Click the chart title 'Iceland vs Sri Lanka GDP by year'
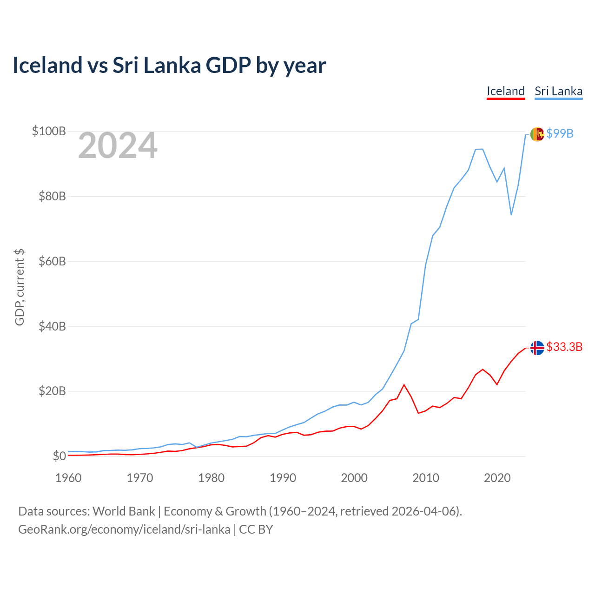coord(169,65)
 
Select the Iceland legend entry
coord(506,91)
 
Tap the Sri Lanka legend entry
coord(558,91)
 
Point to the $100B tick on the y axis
coord(49,131)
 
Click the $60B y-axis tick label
coord(52,261)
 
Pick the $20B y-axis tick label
coord(52,391)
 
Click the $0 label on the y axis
coord(59,456)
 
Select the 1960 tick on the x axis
coord(68,478)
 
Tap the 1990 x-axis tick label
coord(283,478)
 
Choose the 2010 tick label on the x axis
coord(426,478)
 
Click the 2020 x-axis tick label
coord(497,478)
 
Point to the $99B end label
coord(560,133)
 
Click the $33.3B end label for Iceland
coord(564,347)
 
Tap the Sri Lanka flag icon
coord(537,134)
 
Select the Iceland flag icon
coord(537,348)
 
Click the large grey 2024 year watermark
coord(118,146)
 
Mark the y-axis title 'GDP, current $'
coord(20,287)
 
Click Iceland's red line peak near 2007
coord(404,385)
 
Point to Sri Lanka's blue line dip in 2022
coord(511,214)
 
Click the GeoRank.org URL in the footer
coord(124,529)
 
